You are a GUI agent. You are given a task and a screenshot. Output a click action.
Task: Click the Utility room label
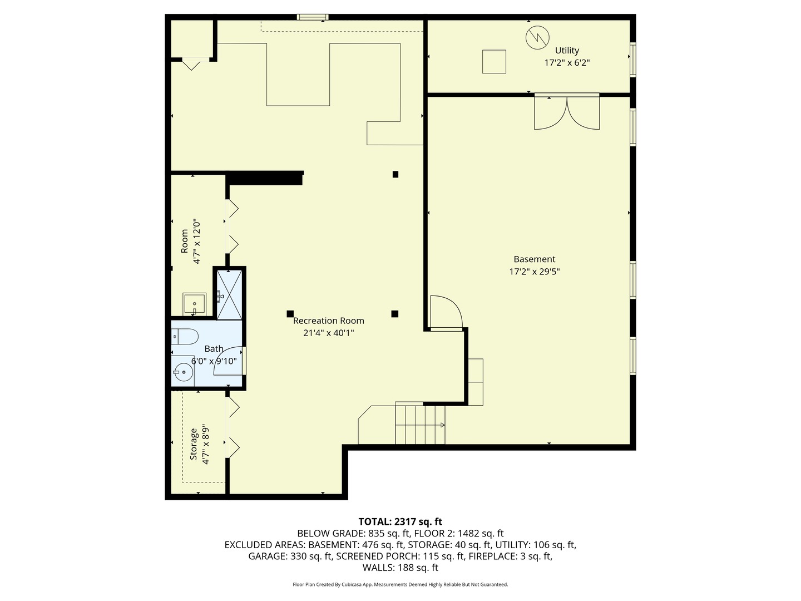[x=567, y=51]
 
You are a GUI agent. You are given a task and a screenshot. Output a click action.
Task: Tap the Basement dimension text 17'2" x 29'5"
[x=534, y=272]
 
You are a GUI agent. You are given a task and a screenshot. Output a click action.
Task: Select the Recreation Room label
[x=328, y=321]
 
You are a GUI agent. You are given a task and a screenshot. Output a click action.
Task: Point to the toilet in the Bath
[x=185, y=336]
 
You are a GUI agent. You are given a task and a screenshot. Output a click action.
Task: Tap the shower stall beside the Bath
[x=229, y=295]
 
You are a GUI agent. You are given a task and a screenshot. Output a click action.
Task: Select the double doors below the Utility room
[x=567, y=113]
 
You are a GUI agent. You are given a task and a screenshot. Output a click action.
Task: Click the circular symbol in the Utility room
[x=537, y=37]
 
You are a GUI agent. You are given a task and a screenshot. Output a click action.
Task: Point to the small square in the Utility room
[x=494, y=61]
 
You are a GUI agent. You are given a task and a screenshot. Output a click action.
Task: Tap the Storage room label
[x=194, y=444]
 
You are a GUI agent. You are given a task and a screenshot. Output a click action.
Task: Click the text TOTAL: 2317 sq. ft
[x=400, y=521]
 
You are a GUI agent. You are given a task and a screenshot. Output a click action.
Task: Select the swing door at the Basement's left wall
[x=446, y=313]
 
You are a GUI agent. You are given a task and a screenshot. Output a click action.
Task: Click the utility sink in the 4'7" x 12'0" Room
[x=194, y=304]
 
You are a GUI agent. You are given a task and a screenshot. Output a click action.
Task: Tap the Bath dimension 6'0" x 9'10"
[x=214, y=361]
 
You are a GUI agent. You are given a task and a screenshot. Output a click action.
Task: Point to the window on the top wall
[x=313, y=17]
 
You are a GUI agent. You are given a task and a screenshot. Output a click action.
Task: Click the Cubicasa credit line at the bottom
[x=400, y=584]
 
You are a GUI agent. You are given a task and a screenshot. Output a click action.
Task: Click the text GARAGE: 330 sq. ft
[x=290, y=556]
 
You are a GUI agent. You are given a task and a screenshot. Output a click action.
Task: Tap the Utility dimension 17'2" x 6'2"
[x=567, y=63]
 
